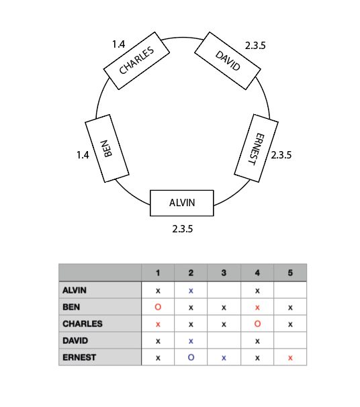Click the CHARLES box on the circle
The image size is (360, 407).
(136, 60)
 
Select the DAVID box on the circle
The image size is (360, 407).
(228, 60)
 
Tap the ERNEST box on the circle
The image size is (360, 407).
(256, 148)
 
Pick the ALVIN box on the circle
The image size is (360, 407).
(182, 203)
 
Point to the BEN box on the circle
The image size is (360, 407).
(107, 148)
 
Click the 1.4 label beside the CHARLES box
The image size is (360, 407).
(119, 44)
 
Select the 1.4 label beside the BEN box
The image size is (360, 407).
(83, 155)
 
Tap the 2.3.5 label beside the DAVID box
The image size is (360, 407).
(255, 46)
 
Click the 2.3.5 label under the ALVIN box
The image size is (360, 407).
(183, 229)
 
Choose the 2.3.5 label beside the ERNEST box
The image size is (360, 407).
(281, 155)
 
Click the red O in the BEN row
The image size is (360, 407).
(158, 307)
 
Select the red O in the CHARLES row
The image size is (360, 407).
(257, 324)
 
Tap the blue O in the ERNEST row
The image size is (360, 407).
(191, 357)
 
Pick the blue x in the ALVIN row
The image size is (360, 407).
(191, 291)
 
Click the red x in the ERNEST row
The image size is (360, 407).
(290, 358)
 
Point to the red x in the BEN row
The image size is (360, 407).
(257, 308)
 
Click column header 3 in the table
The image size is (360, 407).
(224, 273)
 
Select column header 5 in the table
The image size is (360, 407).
(290, 273)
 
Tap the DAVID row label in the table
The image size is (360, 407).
(75, 341)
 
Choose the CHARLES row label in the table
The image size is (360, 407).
(83, 324)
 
